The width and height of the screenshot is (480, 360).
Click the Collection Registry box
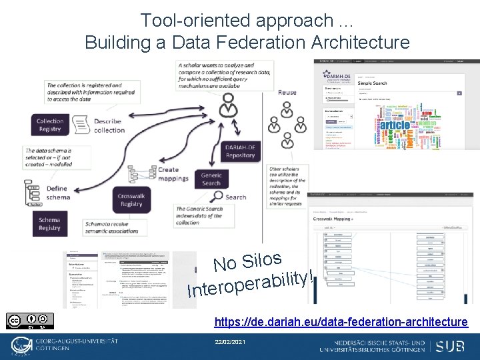[50, 125]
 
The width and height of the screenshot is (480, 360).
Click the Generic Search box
[211, 179]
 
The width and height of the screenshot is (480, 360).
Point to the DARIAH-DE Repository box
[240, 151]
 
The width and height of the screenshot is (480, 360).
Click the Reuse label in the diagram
[287, 92]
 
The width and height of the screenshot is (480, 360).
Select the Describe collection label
[109, 125]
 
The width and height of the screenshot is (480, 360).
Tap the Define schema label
[57, 193]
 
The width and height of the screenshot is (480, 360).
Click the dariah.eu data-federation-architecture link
[341, 322]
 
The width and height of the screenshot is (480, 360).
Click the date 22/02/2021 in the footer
[230, 341]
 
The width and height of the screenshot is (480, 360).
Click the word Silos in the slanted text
[265, 259]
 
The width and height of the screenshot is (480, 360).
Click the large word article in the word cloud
[395, 125]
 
